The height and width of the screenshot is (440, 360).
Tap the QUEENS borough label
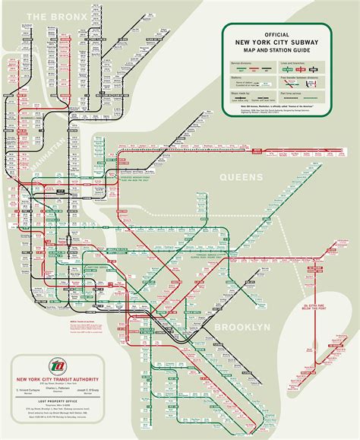242,177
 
